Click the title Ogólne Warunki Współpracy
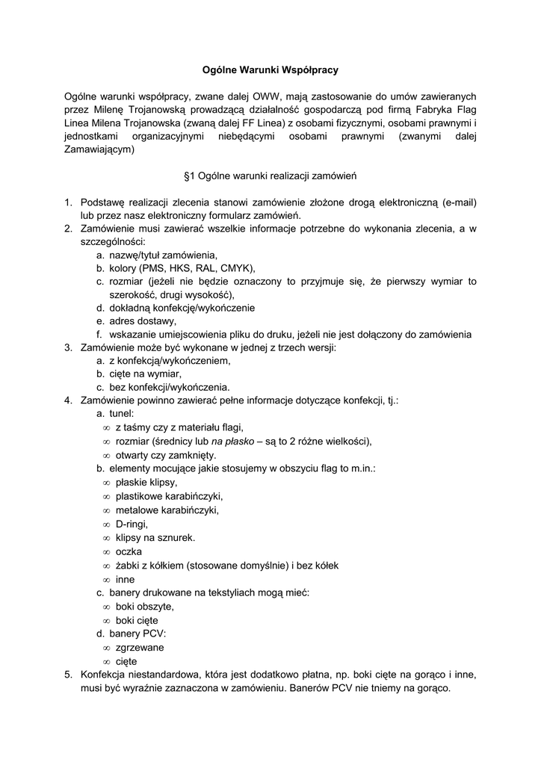click(x=270, y=69)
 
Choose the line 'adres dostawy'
click(x=143, y=321)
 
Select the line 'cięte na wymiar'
click(x=145, y=374)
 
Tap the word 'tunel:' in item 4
click(x=122, y=414)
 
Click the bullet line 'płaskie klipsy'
click(x=146, y=483)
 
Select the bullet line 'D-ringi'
click(x=132, y=524)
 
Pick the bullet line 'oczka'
click(x=129, y=551)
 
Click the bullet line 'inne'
click(x=126, y=579)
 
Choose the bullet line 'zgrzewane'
click(x=140, y=647)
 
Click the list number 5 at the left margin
click(x=68, y=675)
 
